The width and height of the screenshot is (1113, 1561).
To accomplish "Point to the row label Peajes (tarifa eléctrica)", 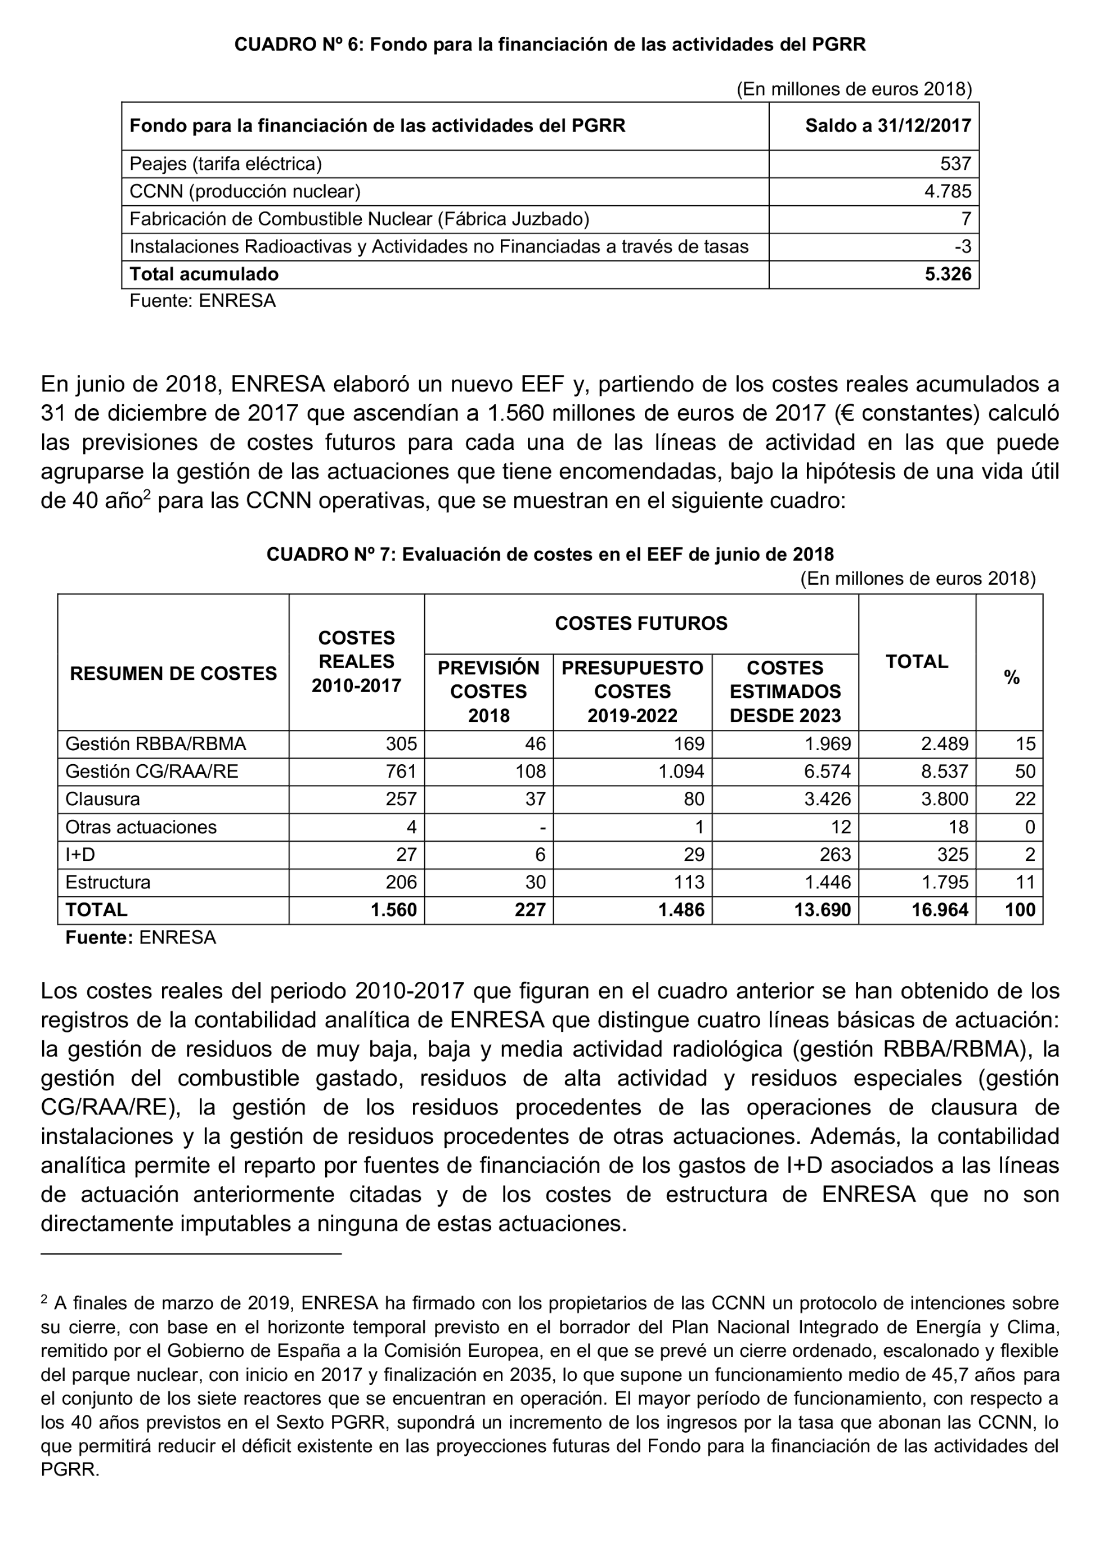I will click(226, 164).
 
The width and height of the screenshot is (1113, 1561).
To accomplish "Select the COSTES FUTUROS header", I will click(641, 623).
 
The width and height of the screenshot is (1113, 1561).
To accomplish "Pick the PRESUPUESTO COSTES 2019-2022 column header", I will click(632, 692).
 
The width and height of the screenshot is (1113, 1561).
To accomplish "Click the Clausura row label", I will click(103, 799).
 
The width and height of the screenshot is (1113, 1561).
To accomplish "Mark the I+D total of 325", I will click(953, 855).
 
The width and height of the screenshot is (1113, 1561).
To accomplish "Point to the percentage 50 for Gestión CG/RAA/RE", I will click(1025, 772).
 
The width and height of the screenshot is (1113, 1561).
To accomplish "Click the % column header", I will click(1012, 678).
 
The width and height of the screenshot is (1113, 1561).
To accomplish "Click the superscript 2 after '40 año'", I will click(147, 494).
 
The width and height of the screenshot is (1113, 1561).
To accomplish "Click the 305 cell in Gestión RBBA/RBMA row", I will click(401, 744).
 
